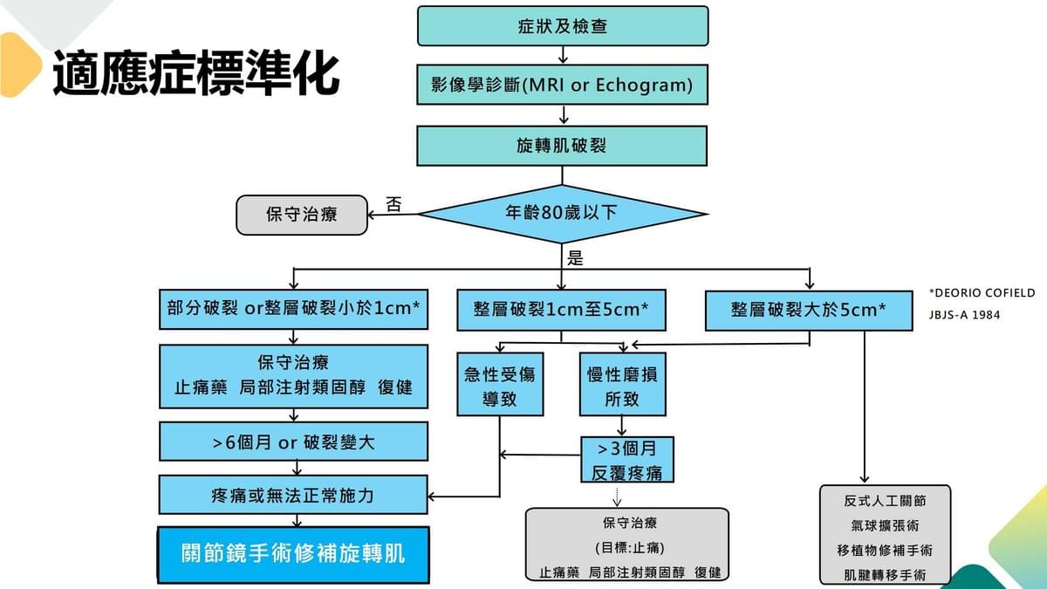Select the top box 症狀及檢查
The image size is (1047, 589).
[x=563, y=25]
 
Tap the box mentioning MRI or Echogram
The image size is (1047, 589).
[x=563, y=85]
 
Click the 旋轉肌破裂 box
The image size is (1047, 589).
[x=563, y=145]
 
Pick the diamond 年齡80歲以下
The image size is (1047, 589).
[x=563, y=213]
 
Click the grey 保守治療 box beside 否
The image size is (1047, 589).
[x=302, y=215]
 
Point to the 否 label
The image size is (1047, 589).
[x=393, y=205]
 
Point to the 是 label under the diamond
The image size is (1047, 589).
[x=575, y=258]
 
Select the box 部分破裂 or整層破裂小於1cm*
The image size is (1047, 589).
[x=294, y=309]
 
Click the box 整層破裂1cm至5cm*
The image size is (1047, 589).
[x=562, y=310]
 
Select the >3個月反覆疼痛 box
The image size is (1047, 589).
[x=627, y=460]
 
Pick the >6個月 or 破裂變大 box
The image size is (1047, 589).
[x=294, y=442]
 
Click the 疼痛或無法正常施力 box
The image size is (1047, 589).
[x=294, y=495]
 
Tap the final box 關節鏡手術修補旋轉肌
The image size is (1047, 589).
[x=294, y=554]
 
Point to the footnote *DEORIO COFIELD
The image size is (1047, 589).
[x=982, y=293]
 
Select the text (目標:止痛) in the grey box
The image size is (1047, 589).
[x=626, y=548]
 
